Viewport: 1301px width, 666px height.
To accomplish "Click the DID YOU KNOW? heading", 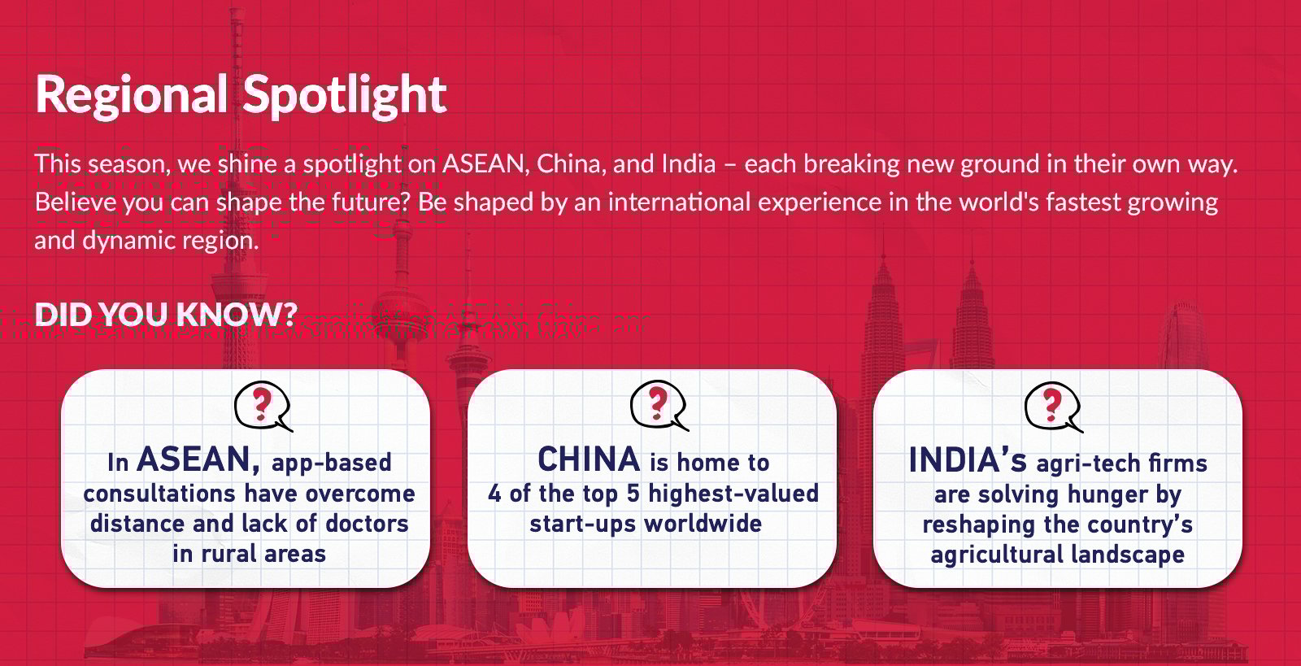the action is pos(166,314).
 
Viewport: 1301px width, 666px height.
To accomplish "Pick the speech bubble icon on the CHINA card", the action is pos(659,405).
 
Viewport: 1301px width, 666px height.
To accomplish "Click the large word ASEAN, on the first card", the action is pos(198,459).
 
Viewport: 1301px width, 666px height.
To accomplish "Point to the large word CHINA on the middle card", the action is pos(589,459).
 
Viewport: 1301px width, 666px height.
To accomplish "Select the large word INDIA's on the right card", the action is pos(968,460).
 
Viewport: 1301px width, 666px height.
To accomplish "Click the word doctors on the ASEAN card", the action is pos(367,524).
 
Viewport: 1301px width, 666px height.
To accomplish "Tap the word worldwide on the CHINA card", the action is pos(703,524).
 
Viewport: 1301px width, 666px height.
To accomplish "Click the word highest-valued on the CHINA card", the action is pos(733,494).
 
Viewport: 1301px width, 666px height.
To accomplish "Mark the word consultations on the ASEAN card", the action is pos(159,494).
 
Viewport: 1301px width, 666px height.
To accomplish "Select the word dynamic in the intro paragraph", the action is pos(128,241).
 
